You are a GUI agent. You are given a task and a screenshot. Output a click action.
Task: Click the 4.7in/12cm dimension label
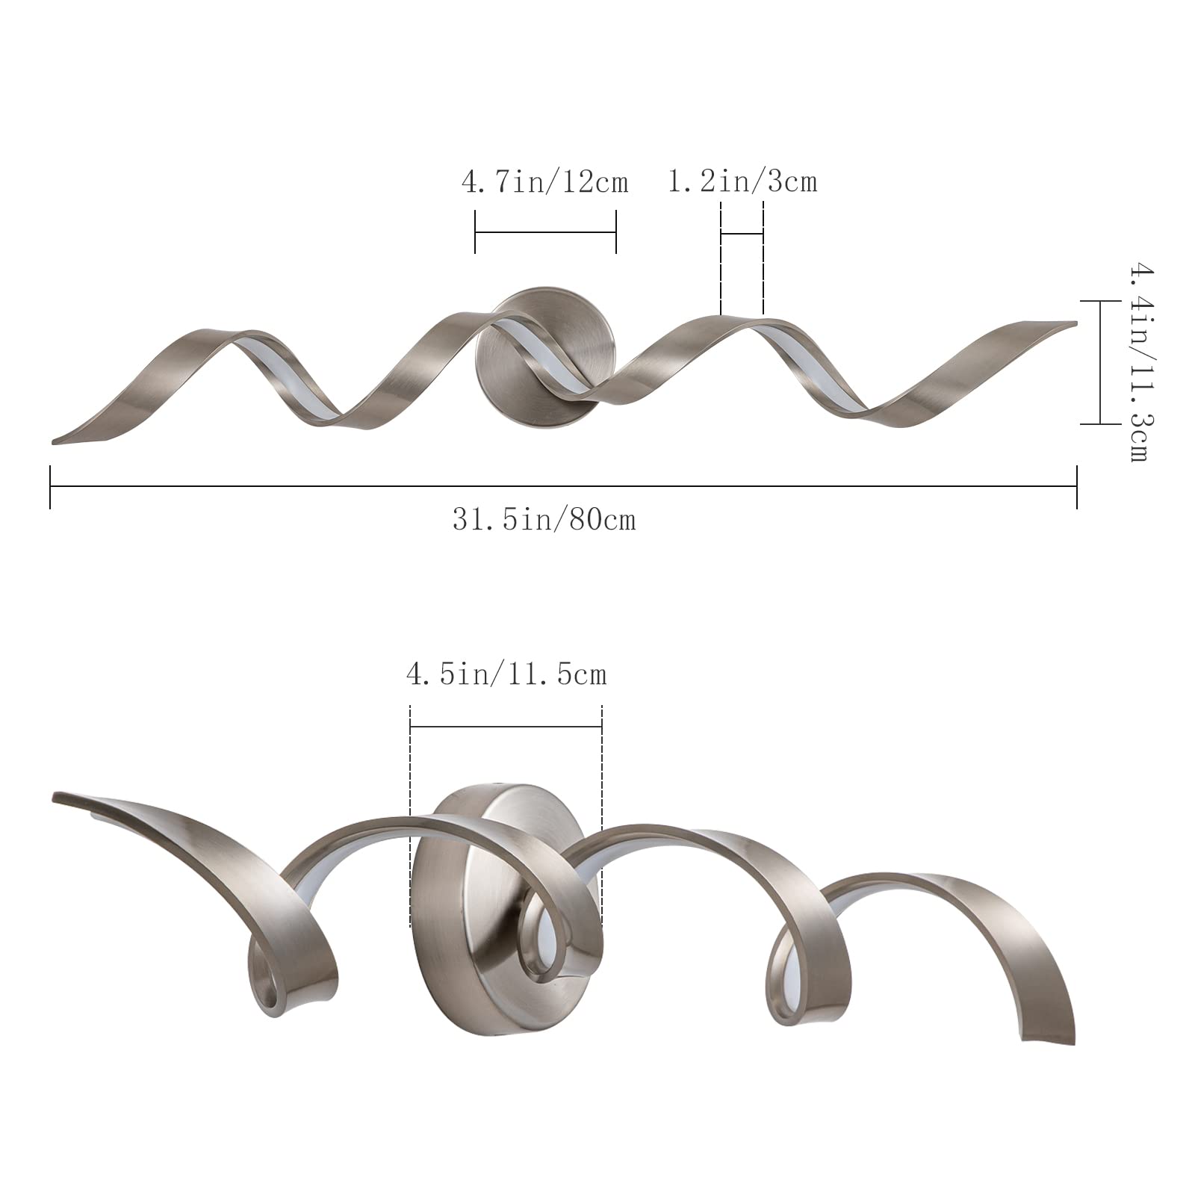click(x=545, y=181)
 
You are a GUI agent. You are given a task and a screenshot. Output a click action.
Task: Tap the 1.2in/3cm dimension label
click(x=742, y=181)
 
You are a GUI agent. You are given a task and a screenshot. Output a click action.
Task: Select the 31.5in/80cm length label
click(x=544, y=520)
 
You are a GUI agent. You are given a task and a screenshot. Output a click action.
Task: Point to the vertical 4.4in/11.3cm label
click(x=1137, y=361)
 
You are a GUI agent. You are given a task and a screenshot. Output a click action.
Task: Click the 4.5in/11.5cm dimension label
click(x=506, y=674)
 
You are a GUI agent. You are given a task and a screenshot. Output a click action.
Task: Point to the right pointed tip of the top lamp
click(x=1076, y=323)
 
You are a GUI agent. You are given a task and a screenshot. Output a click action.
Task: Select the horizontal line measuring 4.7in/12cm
click(x=545, y=232)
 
